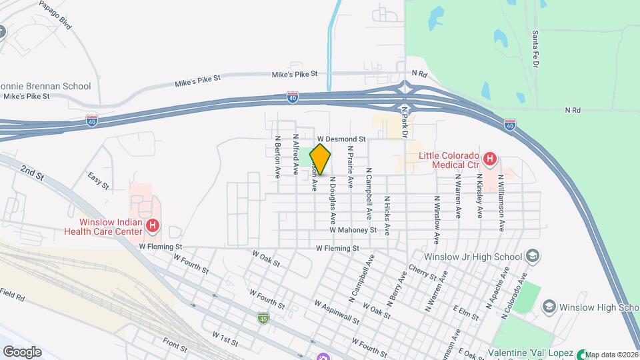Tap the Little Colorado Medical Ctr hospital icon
490,159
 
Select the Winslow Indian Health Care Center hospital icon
153,226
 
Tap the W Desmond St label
342,139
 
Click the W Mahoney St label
353,230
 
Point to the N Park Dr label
404,121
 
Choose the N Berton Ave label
277,157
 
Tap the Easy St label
97,181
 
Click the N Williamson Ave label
500,204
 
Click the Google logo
22,351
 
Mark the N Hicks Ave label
387,212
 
